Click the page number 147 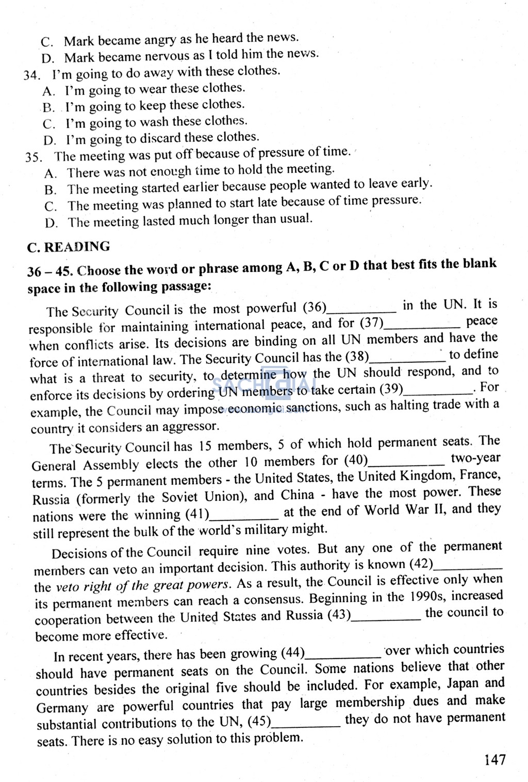tap(494, 759)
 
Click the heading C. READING tap(68, 247)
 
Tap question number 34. tap(31, 75)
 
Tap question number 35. tap(34, 157)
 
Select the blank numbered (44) tap(343, 656)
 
